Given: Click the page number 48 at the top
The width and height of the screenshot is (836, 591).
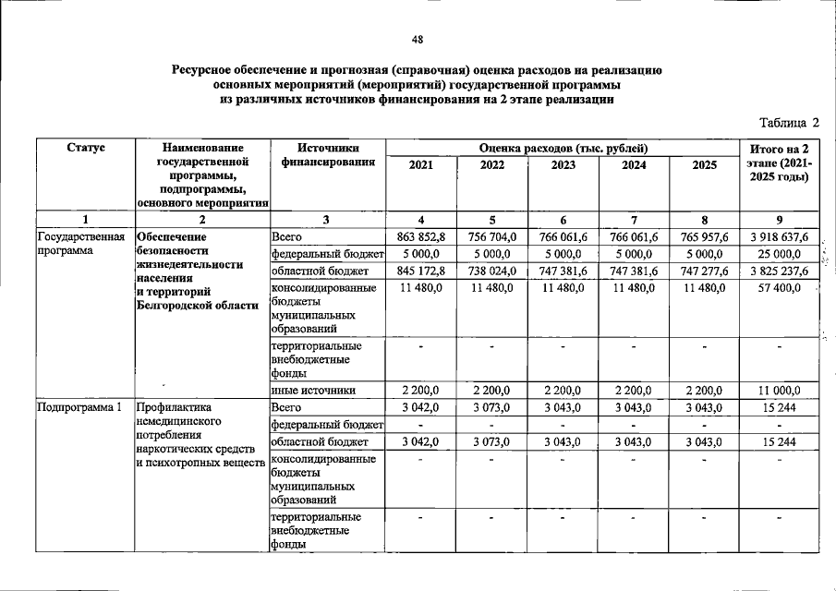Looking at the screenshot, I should [x=418, y=40].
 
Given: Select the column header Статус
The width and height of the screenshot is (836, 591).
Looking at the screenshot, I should [x=85, y=148].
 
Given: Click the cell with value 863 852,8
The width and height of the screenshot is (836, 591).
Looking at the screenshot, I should [x=420, y=237].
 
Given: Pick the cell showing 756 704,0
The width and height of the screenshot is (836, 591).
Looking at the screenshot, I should [x=491, y=237].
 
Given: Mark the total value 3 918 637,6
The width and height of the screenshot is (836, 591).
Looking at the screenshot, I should [x=781, y=237].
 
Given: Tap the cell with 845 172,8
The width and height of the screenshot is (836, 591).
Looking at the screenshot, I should [x=420, y=271].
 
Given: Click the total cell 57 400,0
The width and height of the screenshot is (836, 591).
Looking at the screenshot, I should [x=781, y=289].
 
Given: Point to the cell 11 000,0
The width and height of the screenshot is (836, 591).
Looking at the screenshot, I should [x=781, y=390].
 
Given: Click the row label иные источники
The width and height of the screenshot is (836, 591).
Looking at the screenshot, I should [x=313, y=390].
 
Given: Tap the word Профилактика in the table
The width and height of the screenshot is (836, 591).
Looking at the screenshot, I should [x=174, y=406].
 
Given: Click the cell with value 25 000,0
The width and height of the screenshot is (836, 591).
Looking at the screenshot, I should [x=781, y=254].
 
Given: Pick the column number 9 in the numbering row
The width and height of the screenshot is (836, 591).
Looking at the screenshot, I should [x=781, y=220].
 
